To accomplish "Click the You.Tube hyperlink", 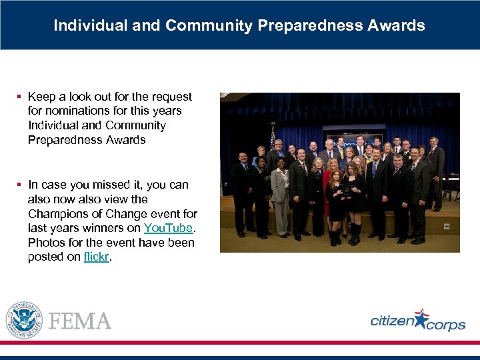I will coord(169,228).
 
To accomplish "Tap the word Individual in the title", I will coord(83,25).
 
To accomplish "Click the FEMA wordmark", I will coord(81,321).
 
